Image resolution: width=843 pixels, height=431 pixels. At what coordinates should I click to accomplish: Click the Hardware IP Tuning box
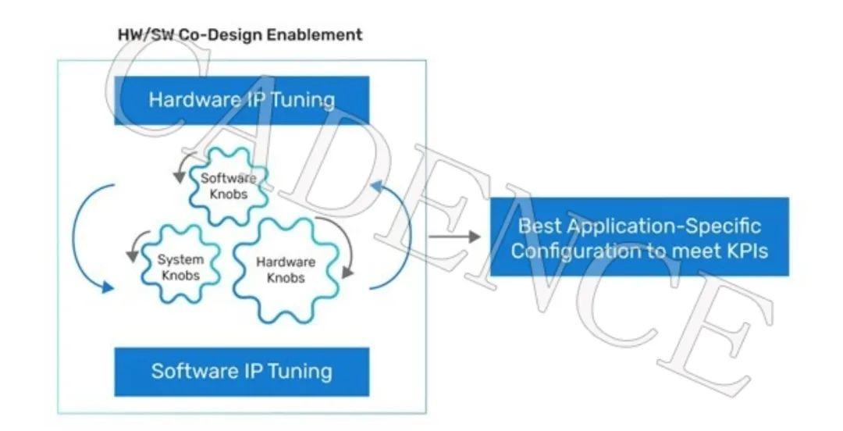241,100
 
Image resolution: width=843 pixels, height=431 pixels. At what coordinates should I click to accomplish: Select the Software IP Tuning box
241,371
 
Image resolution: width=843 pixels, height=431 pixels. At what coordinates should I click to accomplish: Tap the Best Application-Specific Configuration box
639,237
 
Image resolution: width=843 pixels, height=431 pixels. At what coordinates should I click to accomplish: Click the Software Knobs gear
228,185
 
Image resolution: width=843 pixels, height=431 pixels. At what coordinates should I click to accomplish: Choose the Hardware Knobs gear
285,269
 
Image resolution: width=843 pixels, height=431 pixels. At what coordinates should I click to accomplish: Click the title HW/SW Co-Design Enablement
240,35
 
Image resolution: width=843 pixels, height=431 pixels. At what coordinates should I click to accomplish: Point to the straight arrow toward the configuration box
455,236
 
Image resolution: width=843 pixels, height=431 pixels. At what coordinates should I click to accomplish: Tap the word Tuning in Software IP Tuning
301,371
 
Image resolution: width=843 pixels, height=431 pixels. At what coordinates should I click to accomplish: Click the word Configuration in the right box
570,251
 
